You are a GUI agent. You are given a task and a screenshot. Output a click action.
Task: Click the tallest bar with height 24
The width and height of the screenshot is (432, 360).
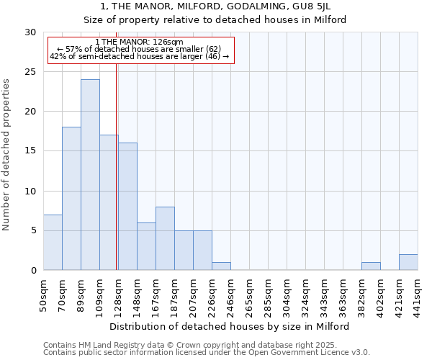(90, 175)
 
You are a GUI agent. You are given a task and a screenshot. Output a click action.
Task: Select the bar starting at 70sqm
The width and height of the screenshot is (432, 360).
(71, 199)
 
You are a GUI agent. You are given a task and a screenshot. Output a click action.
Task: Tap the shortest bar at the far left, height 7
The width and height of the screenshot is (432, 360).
(53, 243)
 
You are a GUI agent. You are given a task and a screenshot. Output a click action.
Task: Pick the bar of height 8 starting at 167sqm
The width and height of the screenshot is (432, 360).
(165, 238)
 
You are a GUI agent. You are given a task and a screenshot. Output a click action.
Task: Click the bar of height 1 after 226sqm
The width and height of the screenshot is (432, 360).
(221, 266)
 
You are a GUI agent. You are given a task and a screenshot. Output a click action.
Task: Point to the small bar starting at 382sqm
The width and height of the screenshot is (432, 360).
(371, 266)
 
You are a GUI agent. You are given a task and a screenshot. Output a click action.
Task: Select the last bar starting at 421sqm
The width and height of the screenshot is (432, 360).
(408, 262)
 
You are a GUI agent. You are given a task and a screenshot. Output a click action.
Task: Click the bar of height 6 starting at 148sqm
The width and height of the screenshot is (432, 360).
(146, 246)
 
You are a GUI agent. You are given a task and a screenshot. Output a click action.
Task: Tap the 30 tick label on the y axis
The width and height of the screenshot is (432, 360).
(30, 32)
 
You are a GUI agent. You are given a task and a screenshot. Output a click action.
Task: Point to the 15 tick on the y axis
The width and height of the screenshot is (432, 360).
(30, 151)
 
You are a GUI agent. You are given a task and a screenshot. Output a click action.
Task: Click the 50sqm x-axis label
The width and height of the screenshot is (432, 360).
(43, 293)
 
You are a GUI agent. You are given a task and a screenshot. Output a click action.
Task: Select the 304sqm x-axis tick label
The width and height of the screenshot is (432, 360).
(287, 294)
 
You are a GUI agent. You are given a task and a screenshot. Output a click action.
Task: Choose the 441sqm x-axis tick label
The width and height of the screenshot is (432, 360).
(418, 294)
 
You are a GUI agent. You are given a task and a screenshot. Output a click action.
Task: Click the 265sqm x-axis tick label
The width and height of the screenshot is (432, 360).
(249, 294)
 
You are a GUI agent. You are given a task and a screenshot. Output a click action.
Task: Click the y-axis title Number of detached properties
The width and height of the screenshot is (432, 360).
(7, 155)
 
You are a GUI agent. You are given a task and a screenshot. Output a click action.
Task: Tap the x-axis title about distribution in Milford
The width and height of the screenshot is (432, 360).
(230, 326)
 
